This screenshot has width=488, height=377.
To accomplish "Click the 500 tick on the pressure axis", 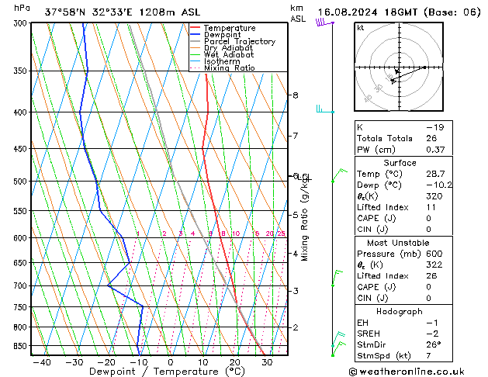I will coord(19,181).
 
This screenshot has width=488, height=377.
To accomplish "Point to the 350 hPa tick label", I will coord(19,71).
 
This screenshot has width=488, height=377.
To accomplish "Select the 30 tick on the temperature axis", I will coord(266,361).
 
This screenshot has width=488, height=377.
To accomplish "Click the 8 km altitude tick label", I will coord(295,95).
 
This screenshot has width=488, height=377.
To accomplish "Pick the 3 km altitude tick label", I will coord(295,290).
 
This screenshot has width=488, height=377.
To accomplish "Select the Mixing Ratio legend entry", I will coord(230,68).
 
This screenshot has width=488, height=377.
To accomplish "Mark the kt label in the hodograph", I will coord(361,28).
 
